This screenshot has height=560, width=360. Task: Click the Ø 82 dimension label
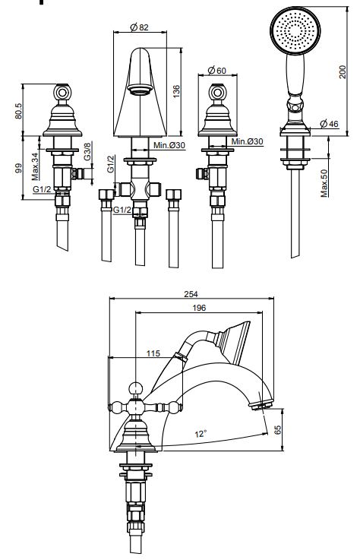point(139,27)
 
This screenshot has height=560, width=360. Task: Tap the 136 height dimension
point(176,91)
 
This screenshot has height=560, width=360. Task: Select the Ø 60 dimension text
point(216,71)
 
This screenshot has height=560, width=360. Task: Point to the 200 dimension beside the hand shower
point(342,71)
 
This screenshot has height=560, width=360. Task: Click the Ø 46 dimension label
point(329,124)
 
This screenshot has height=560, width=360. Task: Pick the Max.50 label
point(324,183)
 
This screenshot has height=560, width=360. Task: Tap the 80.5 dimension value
point(18,111)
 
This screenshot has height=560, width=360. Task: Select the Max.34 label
point(35,166)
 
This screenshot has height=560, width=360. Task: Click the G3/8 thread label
point(87,151)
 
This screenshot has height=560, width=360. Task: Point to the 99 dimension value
point(18,168)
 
